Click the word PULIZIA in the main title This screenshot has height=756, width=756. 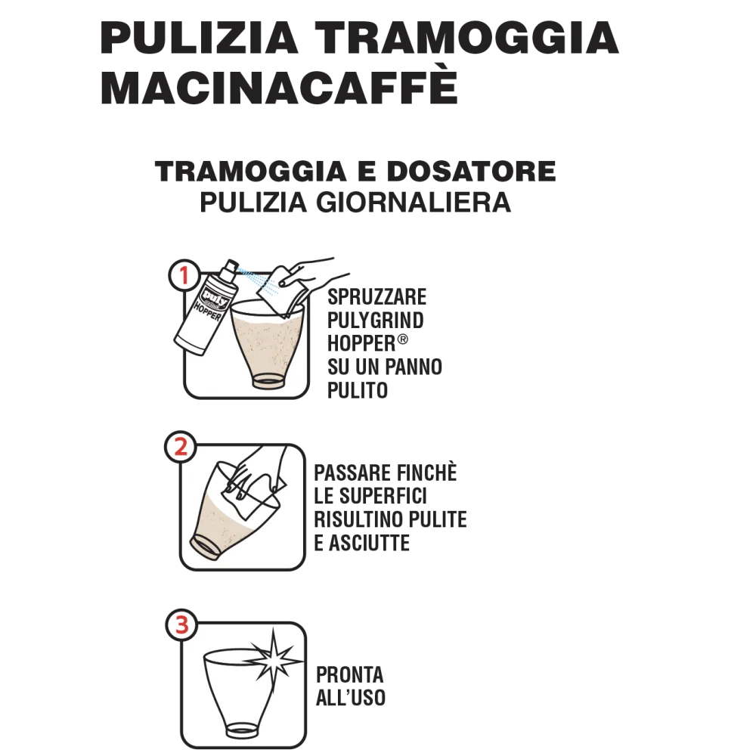[199, 38]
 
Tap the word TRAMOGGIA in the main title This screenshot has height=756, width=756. [466, 38]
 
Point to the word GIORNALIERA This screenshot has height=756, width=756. [414, 202]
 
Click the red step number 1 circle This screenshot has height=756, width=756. [184, 275]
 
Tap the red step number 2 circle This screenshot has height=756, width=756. [181, 447]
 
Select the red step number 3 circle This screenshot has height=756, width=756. [181, 625]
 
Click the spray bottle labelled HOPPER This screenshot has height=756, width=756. [206, 308]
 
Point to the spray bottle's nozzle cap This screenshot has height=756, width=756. [231, 267]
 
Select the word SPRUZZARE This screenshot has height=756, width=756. [376, 297]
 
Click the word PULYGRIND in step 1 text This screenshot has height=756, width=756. [375, 320]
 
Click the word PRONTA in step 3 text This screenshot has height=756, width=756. [349, 675]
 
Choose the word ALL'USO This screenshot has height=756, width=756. [351, 698]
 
